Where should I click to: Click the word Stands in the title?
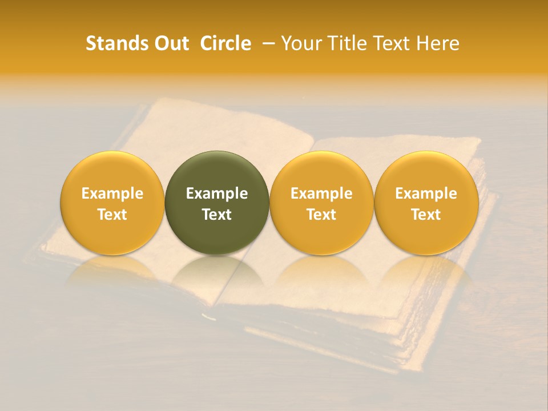[116, 43]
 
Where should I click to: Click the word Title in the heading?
[348, 43]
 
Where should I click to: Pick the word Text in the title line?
[394, 43]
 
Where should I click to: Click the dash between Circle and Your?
[266, 43]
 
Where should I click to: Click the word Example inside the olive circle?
[217, 194]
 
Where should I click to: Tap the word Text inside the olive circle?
[217, 215]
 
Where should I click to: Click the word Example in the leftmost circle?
[112, 194]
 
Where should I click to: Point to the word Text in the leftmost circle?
[112, 215]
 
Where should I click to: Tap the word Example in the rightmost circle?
[426, 194]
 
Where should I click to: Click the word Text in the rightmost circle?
[426, 215]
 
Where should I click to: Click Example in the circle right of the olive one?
[321, 194]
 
